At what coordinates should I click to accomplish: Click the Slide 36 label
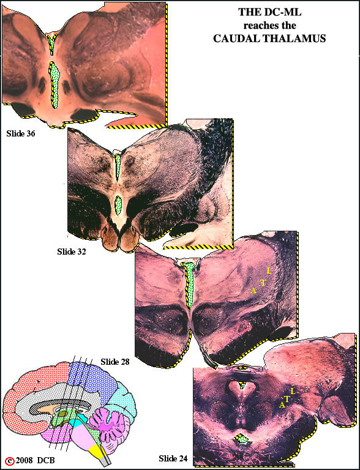coord(21,133)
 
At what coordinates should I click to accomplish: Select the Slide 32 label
coord(72,252)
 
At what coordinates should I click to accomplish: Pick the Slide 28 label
coord(115,362)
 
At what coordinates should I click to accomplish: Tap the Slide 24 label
coord(173,458)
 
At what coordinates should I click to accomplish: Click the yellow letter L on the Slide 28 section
coord(269,271)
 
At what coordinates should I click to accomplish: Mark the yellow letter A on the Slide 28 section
coord(254,291)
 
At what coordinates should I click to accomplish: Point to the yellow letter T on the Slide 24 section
coord(287,399)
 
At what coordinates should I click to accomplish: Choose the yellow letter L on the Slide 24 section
coord(293,392)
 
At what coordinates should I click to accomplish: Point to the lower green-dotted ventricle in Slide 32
coord(118,205)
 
